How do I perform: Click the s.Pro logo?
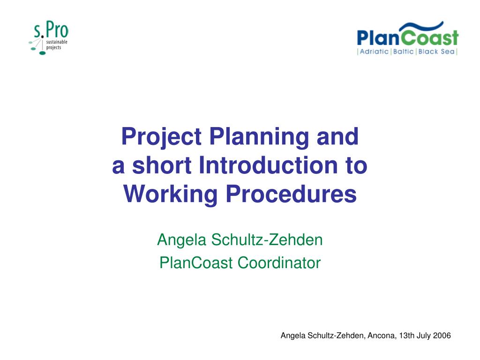pos(49,38)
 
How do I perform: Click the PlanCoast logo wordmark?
pos(407,37)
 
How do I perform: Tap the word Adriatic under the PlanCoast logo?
pos(374,52)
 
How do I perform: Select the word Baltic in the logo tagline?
pos(404,52)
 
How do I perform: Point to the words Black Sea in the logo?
pos(436,52)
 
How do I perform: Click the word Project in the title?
pos(161,137)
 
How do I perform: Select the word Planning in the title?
pos(259,137)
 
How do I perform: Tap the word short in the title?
pos(162,165)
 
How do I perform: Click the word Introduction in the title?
pos(268,165)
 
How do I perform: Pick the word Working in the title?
pos(171,195)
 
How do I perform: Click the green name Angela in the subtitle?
pos(181,240)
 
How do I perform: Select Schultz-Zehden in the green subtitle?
pos(267,240)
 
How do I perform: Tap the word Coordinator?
pos(279,263)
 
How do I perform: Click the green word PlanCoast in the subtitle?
pos(196,263)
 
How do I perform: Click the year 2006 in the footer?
pos(442,336)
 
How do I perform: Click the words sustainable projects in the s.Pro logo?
pos(57,45)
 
